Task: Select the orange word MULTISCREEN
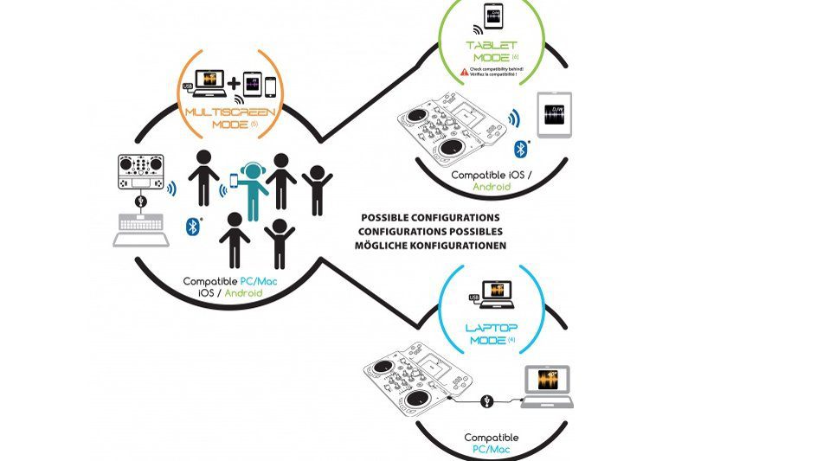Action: (x=214, y=112)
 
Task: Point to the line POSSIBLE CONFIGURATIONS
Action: (x=429, y=218)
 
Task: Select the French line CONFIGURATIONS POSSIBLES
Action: (x=430, y=232)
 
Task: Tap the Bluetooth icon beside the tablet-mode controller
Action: (x=521, y=149)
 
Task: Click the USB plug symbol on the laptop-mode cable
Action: (x=488, y=400)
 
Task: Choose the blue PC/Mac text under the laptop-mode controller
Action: (x=491, y=450)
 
